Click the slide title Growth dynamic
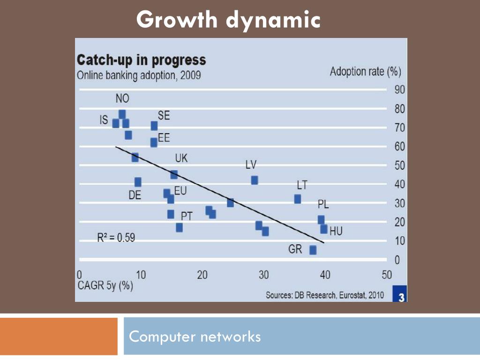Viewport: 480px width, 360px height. point(229,20)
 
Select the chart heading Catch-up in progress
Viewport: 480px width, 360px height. point(141,60)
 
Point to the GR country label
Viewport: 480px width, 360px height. point(295,249)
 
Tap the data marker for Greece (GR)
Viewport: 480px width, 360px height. point(313,250)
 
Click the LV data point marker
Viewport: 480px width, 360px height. point(255,180)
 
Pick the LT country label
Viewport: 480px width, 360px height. point(302,185)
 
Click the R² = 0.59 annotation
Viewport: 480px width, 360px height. point(116,238)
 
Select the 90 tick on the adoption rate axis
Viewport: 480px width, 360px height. point(399,90)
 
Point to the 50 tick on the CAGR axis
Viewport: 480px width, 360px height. point(386,275)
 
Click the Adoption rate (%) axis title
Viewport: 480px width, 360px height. point(365,72)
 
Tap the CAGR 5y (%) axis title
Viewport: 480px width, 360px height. point(105,286)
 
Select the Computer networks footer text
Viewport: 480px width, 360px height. point(195,336)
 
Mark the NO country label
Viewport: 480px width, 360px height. point(122,99)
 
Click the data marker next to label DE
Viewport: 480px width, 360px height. point(138,182)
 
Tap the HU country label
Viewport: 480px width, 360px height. point(336,231)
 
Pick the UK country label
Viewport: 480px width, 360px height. point(181,158)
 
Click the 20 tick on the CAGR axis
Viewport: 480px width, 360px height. point(202,275)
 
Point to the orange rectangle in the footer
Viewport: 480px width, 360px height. point(59,336)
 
